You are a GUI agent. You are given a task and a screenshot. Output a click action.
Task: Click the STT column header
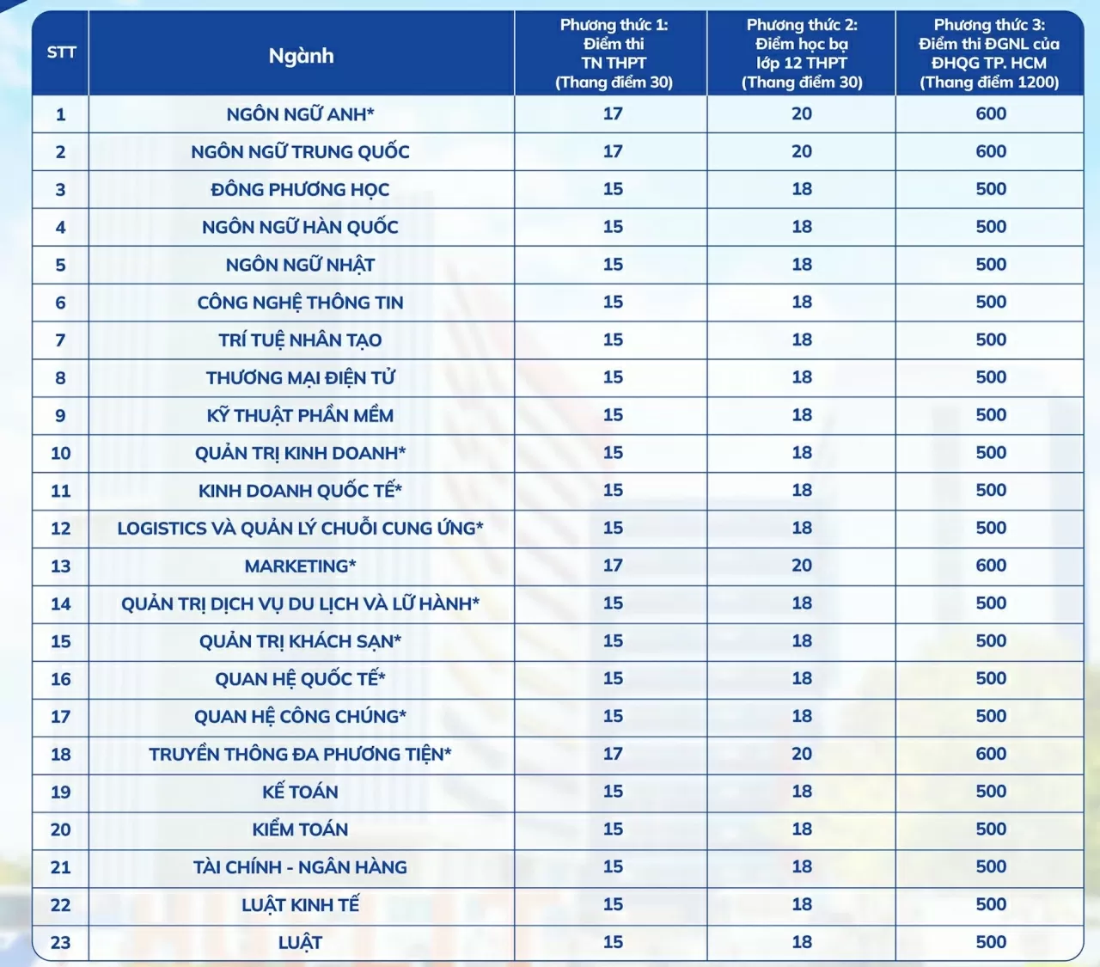[x=61, y=52]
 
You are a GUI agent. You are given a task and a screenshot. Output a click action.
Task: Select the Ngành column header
[x=301, y=56]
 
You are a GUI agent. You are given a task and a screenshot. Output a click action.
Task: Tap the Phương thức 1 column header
[x=613, y=53]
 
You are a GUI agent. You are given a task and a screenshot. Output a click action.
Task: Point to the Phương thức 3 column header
[x=989, y=53]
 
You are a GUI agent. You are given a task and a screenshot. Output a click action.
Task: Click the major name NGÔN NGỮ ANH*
[x=300, y=114]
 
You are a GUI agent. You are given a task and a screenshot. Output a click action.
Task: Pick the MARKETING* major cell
[x=300, y=566]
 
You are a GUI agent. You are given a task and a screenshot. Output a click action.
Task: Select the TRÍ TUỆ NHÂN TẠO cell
[x=300, y=340]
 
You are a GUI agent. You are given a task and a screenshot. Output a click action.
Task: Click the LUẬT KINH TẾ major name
[x=300, y=905]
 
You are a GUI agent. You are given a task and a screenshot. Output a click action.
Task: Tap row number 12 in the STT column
[x=61, y=529]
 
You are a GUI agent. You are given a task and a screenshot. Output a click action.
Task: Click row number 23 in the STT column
[x=61, y=943]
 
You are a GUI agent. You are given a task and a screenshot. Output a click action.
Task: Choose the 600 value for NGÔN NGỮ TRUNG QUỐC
[x=991, y=152]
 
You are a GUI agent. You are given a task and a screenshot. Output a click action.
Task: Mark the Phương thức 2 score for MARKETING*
[x=802, y=566]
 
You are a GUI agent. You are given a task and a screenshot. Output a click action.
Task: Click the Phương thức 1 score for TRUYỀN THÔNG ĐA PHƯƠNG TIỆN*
[x=613, y=754]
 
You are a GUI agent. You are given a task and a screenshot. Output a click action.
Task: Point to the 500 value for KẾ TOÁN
[x=991, y=792]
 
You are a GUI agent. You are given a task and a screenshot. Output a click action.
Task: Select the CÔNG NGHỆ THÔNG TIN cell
[x=300, y=303]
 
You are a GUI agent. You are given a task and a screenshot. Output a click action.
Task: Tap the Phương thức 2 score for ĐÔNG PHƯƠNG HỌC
[x=802, y=189]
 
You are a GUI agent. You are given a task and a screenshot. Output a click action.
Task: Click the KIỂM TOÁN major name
[x=300, y=829]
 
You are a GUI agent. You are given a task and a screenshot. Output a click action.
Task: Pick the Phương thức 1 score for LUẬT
[x=613, y=942]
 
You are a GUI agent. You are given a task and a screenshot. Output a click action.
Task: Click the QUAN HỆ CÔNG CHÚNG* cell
[x=300, y=717]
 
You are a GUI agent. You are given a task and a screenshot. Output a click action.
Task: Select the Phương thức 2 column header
[x=801, y=53]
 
